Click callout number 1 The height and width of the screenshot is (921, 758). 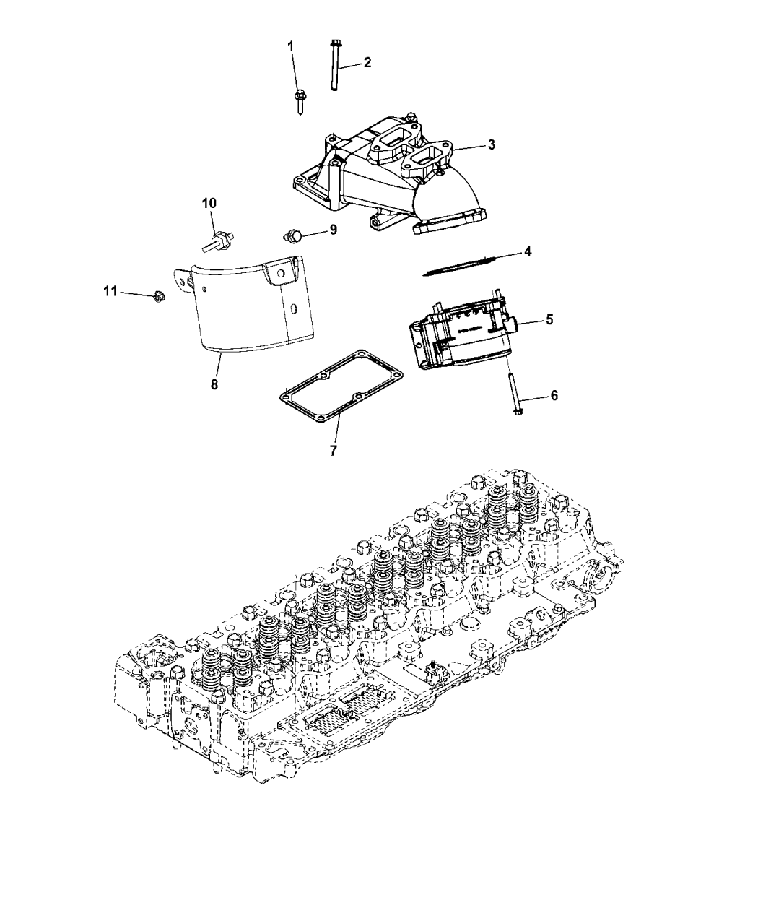291,46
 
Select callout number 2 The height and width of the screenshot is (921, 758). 367,62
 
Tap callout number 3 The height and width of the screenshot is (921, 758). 491,144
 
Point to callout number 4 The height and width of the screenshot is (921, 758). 528,251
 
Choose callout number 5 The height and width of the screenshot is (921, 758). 549,319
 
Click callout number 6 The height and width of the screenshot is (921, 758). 554,395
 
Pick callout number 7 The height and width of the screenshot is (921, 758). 333,450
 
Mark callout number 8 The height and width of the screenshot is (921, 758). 214,384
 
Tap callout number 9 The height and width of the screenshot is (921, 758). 333,230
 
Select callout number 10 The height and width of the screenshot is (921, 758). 209,204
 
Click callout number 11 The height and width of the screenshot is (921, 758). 110,291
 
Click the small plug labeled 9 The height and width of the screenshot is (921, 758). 292,235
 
